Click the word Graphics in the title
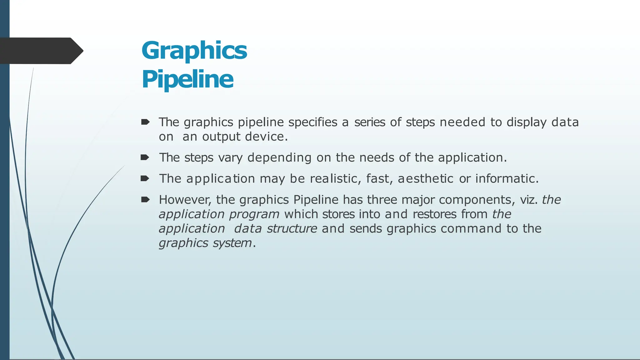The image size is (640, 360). pyautogui.click(x=194, y=51)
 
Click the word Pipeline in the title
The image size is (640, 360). pyautogui.click(x=187, y=79)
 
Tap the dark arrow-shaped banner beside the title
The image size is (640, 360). pyautogui.click(x=41, y=51)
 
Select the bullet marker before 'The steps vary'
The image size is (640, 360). pyautogui.click(x=145, y=157)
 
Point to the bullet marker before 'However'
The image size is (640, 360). pyautogui.click(x=145, y=200)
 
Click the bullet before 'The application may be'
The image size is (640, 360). pyautogui.click(x=145, y=178)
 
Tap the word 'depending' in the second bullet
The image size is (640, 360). pyautogui.click(x=279, y=157)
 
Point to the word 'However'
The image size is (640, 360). pyautogui.click(x=185, y=200)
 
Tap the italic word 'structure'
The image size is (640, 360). pyautogui.click(x=292, y=229)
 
